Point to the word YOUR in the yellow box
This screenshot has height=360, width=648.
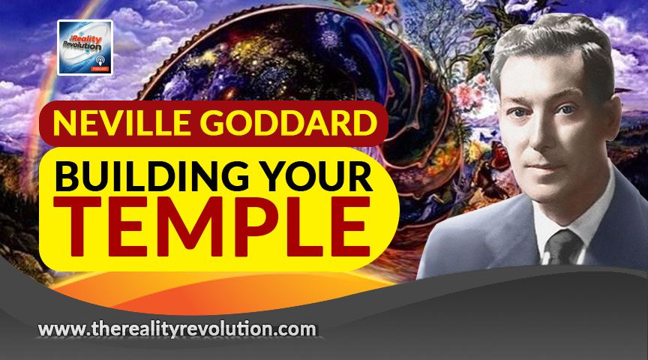coord(316,176)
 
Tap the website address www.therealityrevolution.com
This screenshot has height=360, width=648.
coord(177,329)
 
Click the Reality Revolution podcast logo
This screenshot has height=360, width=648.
coord(85,47)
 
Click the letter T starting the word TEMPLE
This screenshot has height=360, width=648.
coord(79,226)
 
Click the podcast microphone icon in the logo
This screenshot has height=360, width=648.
coord(100,60)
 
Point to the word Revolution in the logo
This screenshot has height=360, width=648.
coord(82,46)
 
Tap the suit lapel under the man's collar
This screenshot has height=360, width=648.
coord(517,232)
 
